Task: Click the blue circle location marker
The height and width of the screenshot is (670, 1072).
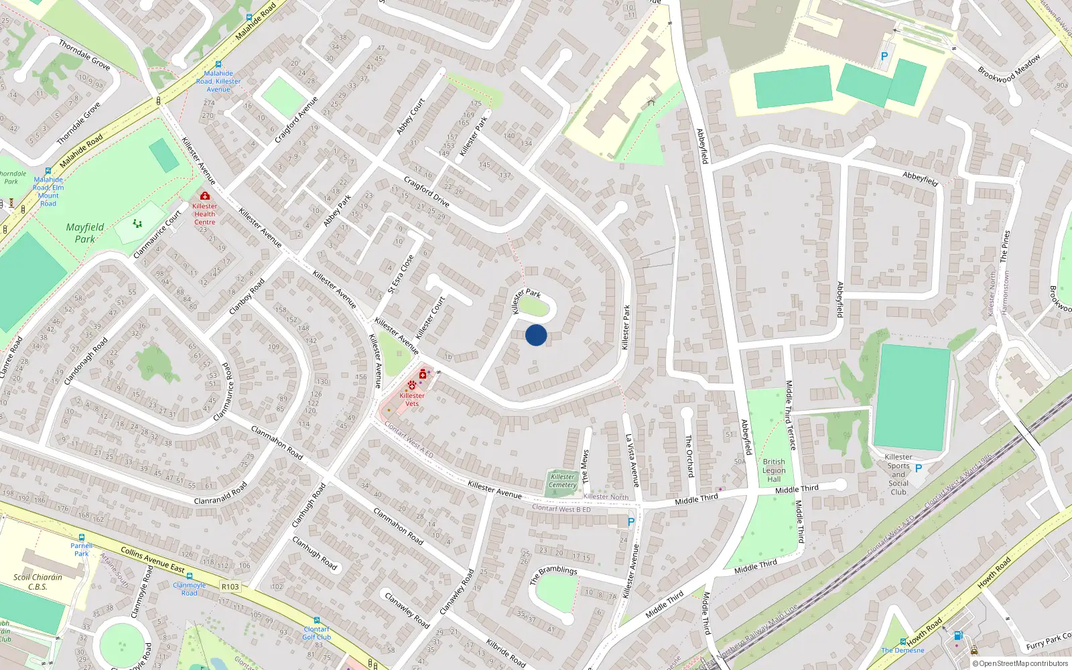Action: click(536, 335)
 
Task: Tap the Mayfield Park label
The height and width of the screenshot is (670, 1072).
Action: click(85, 233)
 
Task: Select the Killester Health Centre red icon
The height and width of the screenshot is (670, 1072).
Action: click(204, 196)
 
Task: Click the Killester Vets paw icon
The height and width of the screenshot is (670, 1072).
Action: click(411, 385)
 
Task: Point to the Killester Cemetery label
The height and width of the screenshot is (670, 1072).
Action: click(562, 481)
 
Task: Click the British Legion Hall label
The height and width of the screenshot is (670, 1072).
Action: click(774, 470)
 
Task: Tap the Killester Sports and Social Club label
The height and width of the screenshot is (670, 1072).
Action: click(898, 474)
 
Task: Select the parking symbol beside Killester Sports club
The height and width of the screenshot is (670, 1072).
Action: click(919, 468)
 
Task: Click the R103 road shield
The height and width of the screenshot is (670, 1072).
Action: click(230, 586)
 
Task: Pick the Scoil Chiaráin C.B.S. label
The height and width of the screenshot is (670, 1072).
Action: click(38, 582)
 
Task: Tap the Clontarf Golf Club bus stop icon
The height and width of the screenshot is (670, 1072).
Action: click(316, 620)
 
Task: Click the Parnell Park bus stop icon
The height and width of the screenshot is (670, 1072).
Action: click(82, 537)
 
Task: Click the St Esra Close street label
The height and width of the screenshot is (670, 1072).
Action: click(401, 274)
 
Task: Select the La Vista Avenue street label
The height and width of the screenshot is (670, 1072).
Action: click(632, 460)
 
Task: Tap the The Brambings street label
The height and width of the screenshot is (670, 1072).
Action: click(553, 574)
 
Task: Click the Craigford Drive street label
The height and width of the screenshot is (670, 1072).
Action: click(427, 192)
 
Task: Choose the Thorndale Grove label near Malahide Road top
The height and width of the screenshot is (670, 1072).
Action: click(84, 54)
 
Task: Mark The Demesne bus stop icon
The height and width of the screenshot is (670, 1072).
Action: click(903, 641)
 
